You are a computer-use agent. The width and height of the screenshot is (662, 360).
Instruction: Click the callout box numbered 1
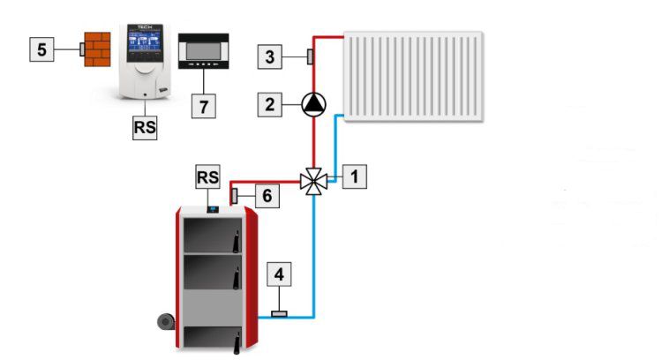tap(354, 176)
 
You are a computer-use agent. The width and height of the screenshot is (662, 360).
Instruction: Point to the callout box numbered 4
tap(280, 274)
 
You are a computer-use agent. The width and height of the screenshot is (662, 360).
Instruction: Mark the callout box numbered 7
tap(203, 106)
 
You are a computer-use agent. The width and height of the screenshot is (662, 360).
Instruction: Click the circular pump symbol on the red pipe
tap(313, 104)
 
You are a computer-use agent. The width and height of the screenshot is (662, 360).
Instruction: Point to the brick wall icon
tap(93, 49)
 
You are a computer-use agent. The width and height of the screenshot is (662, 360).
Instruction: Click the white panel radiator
tap(413, 77)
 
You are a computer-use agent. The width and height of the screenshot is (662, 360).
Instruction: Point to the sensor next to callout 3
tap(310, 58)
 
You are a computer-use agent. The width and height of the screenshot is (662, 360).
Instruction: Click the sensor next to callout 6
tap(237, 195)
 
